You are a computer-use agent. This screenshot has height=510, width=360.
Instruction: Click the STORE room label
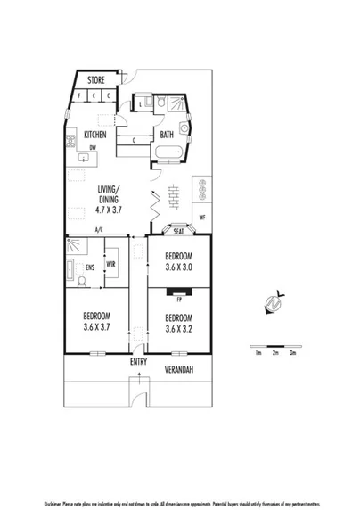coord(95,80)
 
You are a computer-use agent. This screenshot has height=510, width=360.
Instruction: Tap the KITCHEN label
coord(95,136)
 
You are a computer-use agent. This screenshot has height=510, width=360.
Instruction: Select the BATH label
coord(167,136)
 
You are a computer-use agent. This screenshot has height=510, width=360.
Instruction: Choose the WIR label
coord(112,265)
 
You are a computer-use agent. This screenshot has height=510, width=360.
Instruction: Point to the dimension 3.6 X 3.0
coord(179,266)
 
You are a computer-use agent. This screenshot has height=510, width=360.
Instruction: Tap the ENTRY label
coord(138,362)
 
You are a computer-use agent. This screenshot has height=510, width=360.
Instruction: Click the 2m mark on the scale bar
coord(275,354)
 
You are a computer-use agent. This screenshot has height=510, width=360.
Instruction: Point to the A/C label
coord(98,231)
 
